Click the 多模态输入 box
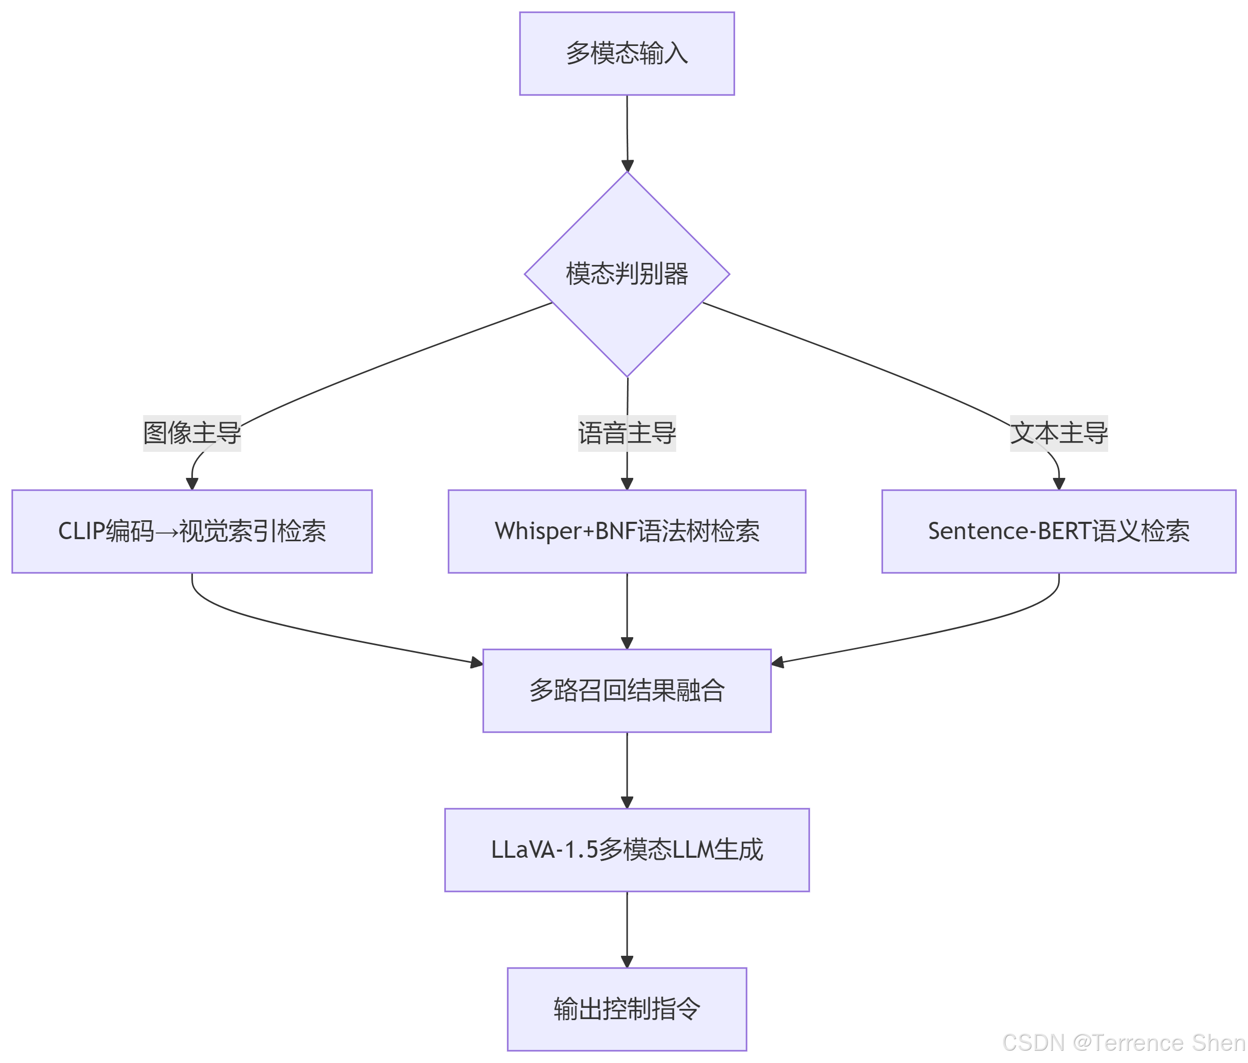[627, 54]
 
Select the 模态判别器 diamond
[627, 274]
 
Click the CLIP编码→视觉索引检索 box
[191, 531]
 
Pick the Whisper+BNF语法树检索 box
[627, 531]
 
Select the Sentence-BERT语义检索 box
[1058, 531]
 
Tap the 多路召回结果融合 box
[627, 691]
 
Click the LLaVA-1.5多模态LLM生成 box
[627, 850]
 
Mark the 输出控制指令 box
[627, 1009]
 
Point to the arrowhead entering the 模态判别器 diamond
[627, 166]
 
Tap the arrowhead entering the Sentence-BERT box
[1058, 484]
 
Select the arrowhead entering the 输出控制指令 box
[627, 961]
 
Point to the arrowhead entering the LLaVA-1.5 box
[627, 802]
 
